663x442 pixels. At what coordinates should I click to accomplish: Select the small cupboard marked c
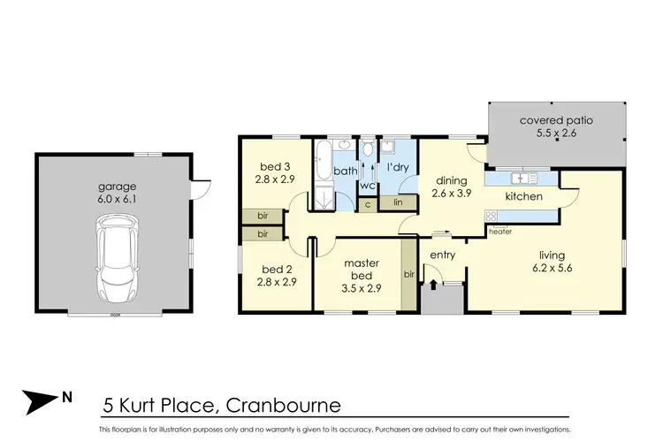(x=368, y=204)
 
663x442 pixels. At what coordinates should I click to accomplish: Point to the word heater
(x=499, y=232)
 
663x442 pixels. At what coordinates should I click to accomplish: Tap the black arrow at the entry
(x=433, y=285)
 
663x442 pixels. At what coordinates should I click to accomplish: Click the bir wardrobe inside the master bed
(x=409, y=276)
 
